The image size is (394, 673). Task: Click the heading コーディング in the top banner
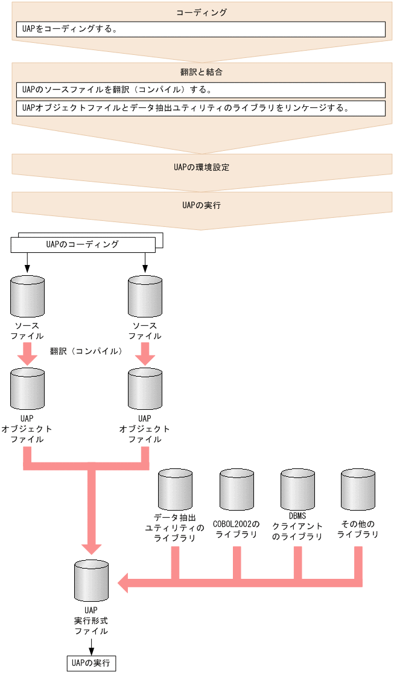(x=202, y=12)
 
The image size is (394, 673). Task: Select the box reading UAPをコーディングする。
(x=200, y=29)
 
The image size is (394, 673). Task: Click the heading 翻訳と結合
(x=202, y=72)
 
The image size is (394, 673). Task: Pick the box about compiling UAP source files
(x=200, y=90)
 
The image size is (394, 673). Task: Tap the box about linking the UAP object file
(x=200, y=108)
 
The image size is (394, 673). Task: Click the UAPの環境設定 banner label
(x=202, y=167)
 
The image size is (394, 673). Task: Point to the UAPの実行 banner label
(x=202, y=205)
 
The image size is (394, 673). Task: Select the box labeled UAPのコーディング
(x=83, y=244)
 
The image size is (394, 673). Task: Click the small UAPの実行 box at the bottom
(x=91, y=663)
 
